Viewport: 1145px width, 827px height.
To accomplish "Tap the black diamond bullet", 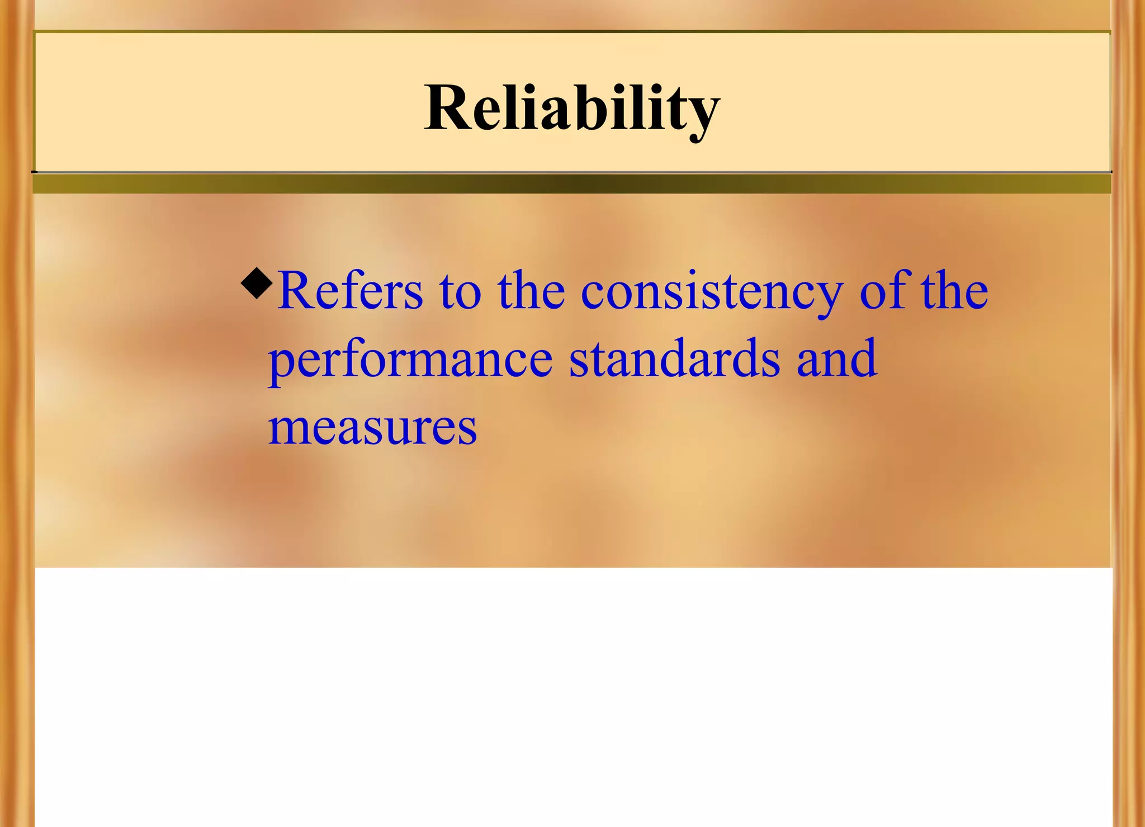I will [x=257, y=283].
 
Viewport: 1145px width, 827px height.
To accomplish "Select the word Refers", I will [x=351, y=291].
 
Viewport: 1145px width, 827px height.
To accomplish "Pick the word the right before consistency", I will [x=531, y=291].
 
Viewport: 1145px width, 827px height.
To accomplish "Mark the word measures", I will [x=372, y=428].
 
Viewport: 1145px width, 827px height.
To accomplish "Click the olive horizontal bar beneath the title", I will [x=571, y=184].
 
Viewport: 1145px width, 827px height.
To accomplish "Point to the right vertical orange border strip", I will [x=1128, y=414].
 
